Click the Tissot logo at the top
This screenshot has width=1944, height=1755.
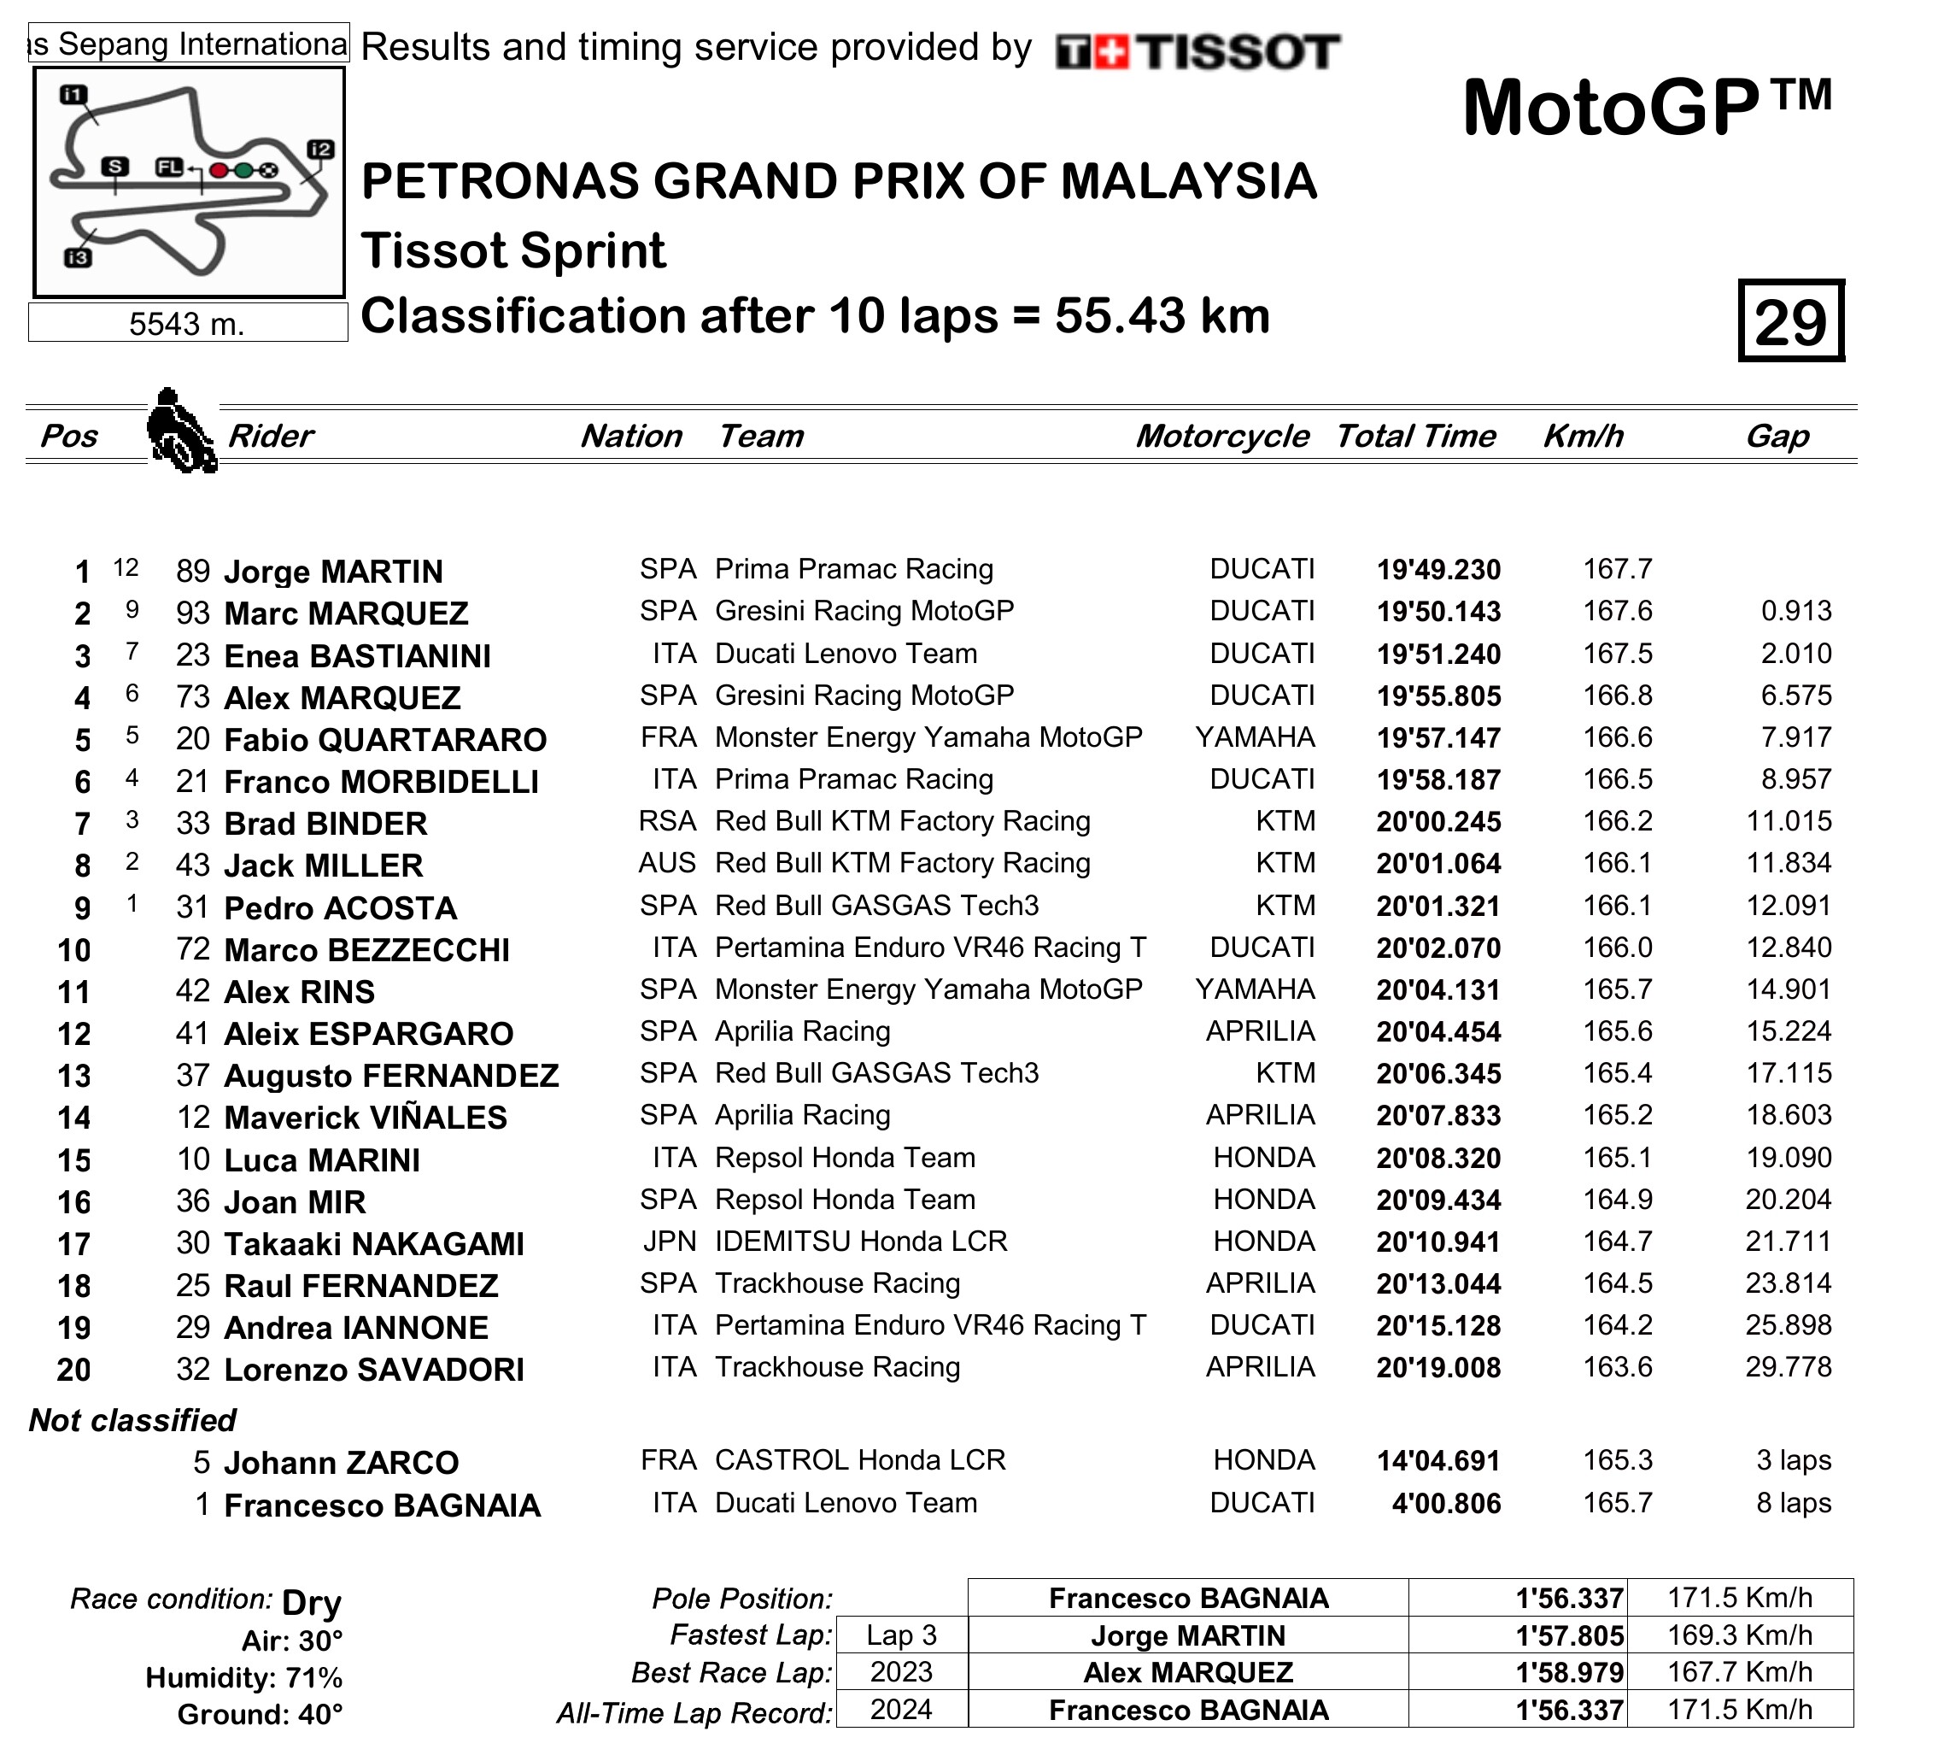click(1197, 52)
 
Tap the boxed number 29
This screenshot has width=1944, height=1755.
click(1789, 322)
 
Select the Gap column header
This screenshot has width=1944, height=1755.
click(1777, 437)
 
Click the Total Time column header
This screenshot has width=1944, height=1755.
click(1415, 437)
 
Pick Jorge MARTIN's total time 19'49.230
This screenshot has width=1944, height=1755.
click(1438, 571)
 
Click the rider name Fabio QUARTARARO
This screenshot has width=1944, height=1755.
click(384, 740)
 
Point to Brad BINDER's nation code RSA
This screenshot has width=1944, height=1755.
click(667, 822)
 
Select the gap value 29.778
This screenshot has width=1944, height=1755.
click(1788, 1367)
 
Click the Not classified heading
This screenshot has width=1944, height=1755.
click(133, 1420)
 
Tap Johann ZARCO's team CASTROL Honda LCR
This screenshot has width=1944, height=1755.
click(860, 1460)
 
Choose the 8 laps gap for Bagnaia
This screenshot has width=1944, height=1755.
click(1793, 1503)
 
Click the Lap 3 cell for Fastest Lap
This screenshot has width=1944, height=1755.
click(901, 1635)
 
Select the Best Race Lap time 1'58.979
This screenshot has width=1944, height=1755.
click(1569, 1673)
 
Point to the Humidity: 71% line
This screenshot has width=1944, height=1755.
click(243, 1678)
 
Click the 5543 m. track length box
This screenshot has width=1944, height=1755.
click(187, 324)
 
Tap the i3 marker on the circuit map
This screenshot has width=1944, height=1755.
click(78, 257)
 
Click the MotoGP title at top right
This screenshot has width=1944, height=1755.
click(1646, 108)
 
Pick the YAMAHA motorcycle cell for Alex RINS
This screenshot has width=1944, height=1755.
click(1255, 989)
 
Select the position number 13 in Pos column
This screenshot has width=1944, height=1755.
click(74, 1076)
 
